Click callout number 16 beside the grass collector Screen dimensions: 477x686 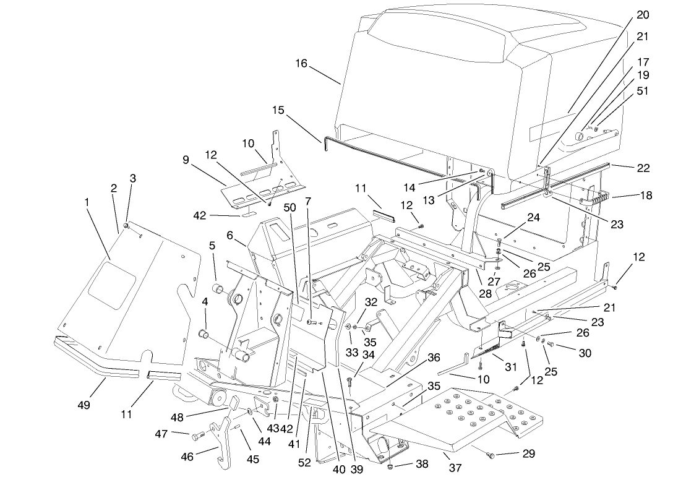tap(301, 64)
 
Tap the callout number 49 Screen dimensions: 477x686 tap(84, 405)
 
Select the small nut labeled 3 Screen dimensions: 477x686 tap(126, 226)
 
